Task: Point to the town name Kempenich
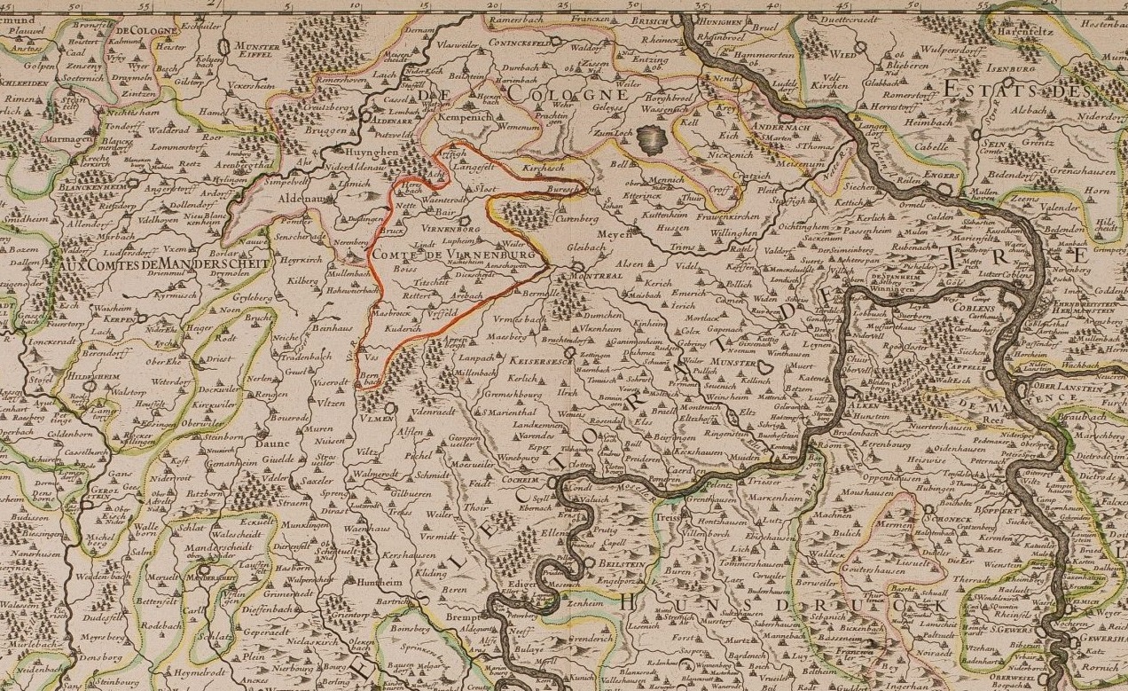(479, 115)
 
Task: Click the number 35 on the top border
(701, 5)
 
